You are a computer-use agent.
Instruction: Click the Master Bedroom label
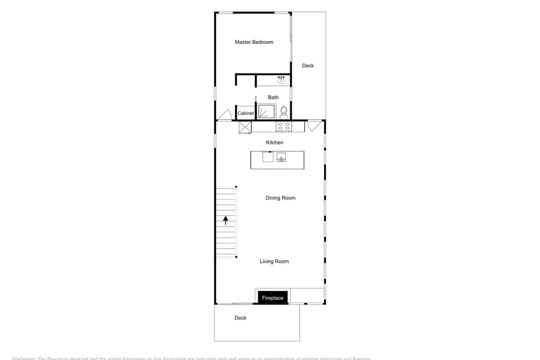tap(254, 42)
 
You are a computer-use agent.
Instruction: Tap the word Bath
tap(273, 97)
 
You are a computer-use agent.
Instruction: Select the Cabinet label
tap(246, 113)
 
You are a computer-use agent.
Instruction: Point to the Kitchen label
tap(274, 143)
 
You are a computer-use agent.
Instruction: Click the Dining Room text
tap(280, 198)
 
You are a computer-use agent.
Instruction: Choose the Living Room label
tap(274, 262)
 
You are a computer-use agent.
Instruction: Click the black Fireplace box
tap(273, 298)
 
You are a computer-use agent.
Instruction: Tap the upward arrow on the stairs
tap(226, 220)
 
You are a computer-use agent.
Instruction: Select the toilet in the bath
tap(283, 112)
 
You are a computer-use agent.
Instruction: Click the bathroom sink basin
tap(281, 80)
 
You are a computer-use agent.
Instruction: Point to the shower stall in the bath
tap(266, 111)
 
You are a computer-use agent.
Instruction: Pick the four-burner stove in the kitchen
tap(283, 127)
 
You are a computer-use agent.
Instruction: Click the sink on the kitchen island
tap(281, 157)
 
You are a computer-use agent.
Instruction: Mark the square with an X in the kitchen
tap(245, 127)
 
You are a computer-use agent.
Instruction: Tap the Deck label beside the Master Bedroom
tap(308, 66)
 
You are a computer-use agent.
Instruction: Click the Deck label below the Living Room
tap(240, 318)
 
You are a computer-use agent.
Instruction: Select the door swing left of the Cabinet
tap(225, 115)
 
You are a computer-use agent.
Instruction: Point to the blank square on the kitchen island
tap(268, 157)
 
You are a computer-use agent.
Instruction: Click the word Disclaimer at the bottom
tap(23, 358)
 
